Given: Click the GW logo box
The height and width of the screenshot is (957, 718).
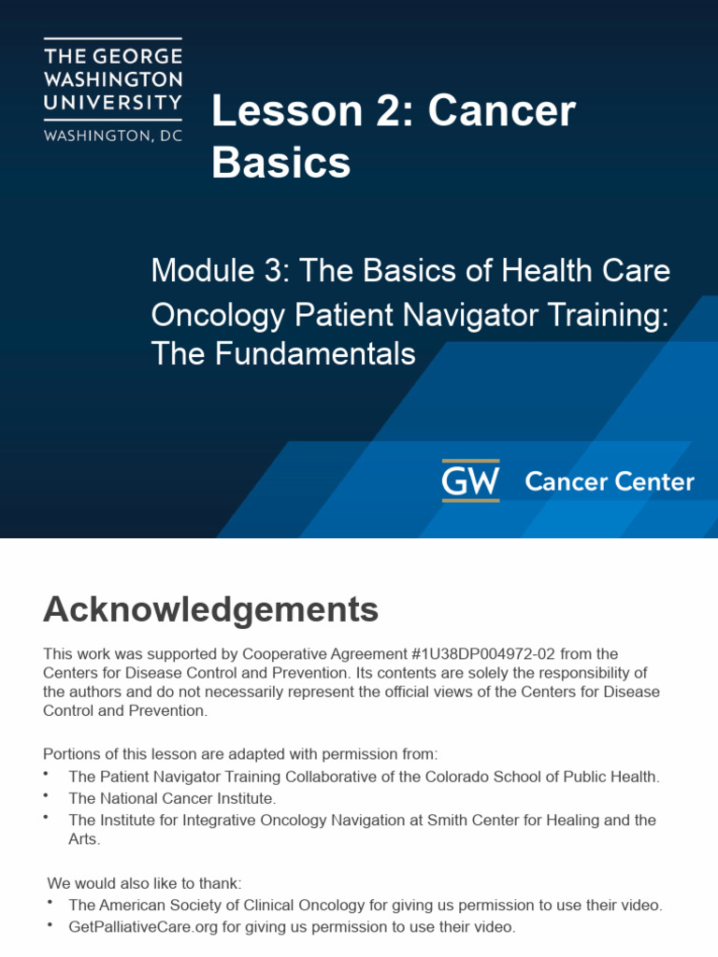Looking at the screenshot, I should coord(470,480).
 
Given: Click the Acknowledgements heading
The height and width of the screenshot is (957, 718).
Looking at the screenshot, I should coord(210,610).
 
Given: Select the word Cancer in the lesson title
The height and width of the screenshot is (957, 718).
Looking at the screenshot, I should coord(502,112).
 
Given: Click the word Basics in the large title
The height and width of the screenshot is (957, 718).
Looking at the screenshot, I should coord(280,163).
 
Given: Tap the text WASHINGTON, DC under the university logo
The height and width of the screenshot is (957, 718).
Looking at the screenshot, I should coord(113,135).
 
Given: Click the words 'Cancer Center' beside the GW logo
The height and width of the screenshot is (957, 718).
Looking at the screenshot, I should coord(609,482).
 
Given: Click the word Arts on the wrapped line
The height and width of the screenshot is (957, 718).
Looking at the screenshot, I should coord(84,839).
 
